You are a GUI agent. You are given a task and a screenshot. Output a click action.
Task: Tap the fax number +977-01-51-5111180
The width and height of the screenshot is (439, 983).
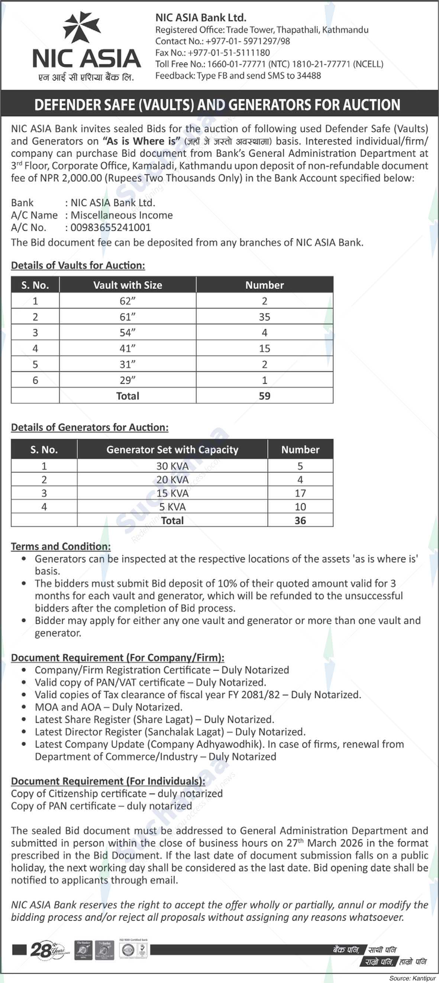[229, 53]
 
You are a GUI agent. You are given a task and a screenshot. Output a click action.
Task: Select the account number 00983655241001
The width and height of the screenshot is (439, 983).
[111, 227]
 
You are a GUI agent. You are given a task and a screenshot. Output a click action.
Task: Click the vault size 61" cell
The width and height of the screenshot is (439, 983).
[127, 317]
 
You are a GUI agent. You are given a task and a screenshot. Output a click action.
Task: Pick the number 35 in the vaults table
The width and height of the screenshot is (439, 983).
[264, 317]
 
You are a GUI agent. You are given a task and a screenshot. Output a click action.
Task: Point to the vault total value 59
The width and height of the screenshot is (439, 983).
[264, 396]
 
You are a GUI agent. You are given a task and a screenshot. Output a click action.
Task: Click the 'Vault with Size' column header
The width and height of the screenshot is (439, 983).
[127, 285]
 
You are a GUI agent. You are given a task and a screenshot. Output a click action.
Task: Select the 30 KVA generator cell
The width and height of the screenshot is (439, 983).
[172, 466]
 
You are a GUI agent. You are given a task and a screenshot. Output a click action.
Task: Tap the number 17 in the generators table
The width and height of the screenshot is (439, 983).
[300, 493]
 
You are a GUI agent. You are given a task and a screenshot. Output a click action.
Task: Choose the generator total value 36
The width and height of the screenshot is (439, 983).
[300, 520]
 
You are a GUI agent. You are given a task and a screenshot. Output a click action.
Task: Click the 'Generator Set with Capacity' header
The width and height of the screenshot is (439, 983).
[172, 450]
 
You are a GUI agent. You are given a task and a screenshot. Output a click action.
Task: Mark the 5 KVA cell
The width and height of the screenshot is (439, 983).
[172, 507]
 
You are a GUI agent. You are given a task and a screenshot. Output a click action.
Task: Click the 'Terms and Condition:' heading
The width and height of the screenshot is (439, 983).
[61, 546]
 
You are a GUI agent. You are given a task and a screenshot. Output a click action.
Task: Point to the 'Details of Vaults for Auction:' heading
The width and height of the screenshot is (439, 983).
[78, 265]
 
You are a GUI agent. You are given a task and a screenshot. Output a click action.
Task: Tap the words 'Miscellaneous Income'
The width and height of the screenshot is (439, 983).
[122, 215]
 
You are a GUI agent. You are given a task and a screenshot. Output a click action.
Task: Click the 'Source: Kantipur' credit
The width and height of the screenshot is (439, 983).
[412, 978]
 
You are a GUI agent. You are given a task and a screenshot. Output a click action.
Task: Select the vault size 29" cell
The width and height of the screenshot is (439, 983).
[127, 380]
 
